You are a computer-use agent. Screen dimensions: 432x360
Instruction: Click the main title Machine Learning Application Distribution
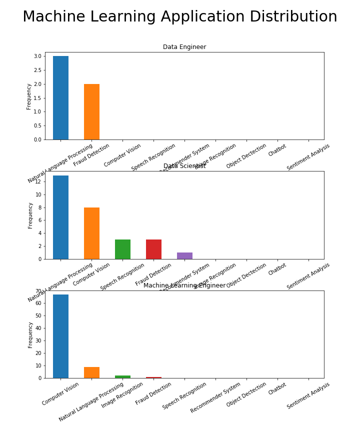pos(180,17)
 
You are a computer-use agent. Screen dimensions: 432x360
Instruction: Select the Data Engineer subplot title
pos(184,47)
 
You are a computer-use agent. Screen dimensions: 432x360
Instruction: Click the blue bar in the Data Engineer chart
pos(60,98)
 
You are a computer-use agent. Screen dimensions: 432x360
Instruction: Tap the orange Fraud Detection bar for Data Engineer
pos(91,112)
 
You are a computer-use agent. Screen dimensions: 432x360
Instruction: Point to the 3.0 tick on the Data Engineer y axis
pos(38,56)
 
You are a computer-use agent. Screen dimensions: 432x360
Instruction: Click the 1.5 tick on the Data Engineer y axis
pos(38,98)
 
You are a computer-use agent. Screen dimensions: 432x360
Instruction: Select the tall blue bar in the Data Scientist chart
pos(60,217)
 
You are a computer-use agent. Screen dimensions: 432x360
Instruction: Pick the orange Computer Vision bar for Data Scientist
pos(91,233)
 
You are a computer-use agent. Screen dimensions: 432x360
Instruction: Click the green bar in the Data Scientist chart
pos(122,249)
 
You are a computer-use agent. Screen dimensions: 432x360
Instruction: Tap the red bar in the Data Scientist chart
pos(153,249)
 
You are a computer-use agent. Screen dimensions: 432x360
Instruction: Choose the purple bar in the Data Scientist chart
pos(184,256)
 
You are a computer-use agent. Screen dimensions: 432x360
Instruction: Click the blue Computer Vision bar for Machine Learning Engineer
pos(60,336)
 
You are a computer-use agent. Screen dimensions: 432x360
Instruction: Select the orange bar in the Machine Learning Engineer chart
pos(91,372)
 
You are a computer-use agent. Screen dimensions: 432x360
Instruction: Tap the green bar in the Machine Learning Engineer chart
pos(122,376)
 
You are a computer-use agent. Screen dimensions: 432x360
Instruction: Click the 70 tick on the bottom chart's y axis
pos(38,291)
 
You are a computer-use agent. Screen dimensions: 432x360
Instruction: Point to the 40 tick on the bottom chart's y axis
pos(38,328)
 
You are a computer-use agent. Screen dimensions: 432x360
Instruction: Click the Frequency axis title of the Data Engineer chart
pos(29,96)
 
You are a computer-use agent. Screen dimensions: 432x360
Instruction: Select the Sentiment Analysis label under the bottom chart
pos(308,395)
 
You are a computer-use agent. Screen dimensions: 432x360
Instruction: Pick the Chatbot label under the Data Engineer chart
pos(277,150)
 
